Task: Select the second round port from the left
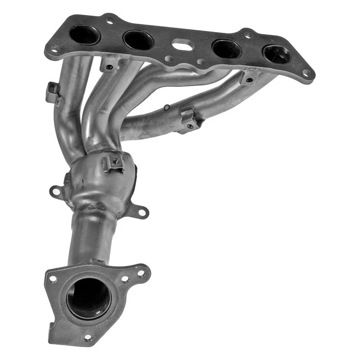coord(138,40)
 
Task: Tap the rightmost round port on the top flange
coord(277,54)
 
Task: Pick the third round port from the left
coord(226,49)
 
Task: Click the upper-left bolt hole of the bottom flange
coord(53,279)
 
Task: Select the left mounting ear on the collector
coord(56,192)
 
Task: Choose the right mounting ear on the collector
coord(141,211)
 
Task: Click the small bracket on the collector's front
coord(114,163)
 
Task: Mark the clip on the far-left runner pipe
coord(53,94)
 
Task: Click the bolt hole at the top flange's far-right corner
coord(306,72)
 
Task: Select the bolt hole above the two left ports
coord(109,20)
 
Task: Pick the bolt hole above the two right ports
coord(247,34)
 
